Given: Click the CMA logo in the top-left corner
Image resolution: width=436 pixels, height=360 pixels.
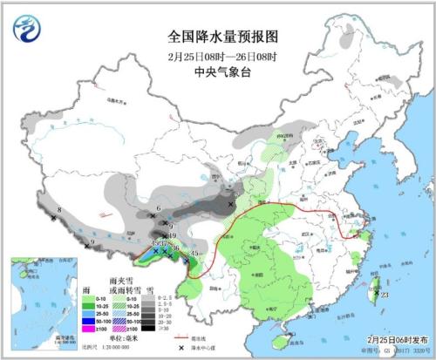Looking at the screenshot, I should (27, 29).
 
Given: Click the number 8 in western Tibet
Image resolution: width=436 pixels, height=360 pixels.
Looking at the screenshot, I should (58, 210).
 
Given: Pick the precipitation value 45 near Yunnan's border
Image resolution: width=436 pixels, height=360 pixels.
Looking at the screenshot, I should (194, 254).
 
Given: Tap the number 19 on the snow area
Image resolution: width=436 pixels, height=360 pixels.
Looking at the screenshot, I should (173, 236).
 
